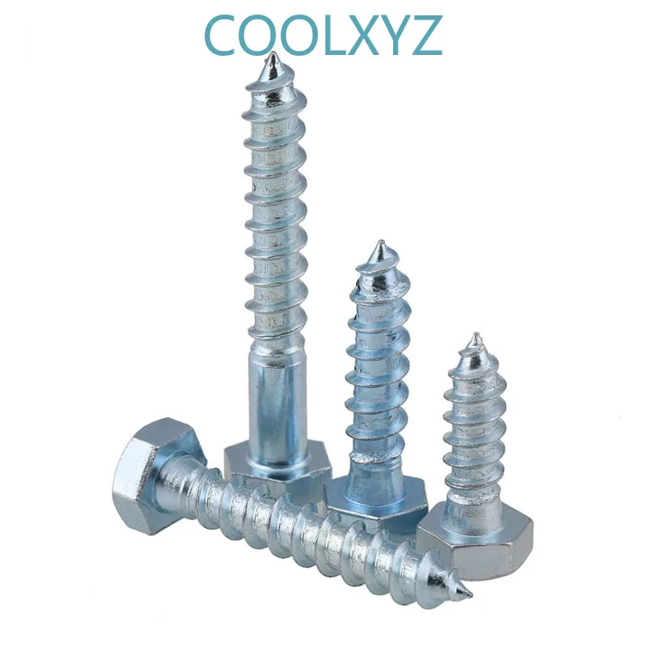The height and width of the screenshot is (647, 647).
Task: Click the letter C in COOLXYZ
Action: point(223,33)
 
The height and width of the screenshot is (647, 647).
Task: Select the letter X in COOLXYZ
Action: point(366,33)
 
